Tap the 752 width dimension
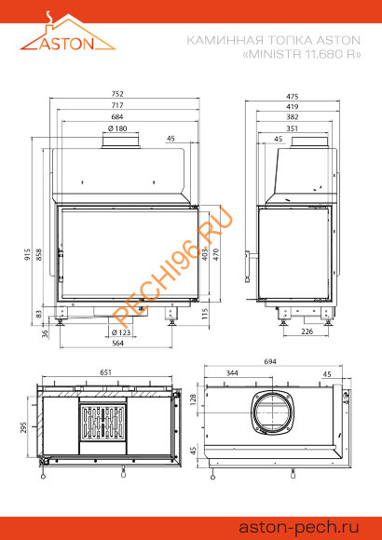(117, 94)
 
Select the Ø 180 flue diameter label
(117, 128)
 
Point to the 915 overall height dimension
(28, 254)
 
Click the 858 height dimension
(38, 254)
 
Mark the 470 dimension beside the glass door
(216, 254)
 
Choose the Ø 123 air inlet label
(121, 332)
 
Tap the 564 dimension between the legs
(117, 343)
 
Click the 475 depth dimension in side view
(293, 97)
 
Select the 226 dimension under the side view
(307, 331)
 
